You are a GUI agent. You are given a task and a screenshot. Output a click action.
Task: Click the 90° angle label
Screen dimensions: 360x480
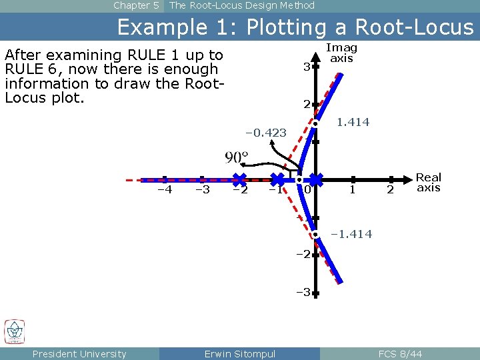pos(236,157)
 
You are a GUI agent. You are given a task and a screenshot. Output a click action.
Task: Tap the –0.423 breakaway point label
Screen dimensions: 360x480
pos(266,133)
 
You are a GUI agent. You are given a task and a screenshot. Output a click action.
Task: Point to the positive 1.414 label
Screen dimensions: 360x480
pos(353,122)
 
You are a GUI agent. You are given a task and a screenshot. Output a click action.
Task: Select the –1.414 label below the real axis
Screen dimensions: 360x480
pos(351,234)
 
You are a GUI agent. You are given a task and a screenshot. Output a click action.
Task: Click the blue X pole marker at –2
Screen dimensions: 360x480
pos(239,179)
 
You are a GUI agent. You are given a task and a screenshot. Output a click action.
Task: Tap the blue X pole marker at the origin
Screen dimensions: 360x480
pos(315,179)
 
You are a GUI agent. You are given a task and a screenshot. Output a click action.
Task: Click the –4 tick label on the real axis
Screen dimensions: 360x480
pos(164,190)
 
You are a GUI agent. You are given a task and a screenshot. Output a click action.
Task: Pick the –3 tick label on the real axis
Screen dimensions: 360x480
pos(202,190)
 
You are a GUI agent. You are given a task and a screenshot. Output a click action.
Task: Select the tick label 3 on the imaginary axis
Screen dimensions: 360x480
pos(305,67)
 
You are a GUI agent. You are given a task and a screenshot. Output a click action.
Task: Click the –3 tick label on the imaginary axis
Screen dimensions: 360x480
pos(303,292)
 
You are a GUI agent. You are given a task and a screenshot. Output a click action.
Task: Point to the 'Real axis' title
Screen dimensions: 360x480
pos(428,182)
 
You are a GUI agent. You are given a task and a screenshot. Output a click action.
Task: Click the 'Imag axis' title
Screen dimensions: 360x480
pos(341,53)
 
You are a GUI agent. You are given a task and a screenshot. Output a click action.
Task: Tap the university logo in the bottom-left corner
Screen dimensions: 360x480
pos(15,331)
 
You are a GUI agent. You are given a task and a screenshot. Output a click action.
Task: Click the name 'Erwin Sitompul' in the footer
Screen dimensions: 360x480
pos(239,354)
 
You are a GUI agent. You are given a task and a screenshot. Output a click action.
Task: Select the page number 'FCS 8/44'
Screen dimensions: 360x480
pos(400,354)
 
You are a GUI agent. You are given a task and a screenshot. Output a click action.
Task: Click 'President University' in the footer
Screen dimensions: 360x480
pos(79,354)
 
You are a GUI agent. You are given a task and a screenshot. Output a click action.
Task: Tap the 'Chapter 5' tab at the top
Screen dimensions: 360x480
pos(136,5)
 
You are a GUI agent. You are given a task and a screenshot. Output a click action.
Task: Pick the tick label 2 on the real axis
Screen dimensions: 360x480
pos(391,191)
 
